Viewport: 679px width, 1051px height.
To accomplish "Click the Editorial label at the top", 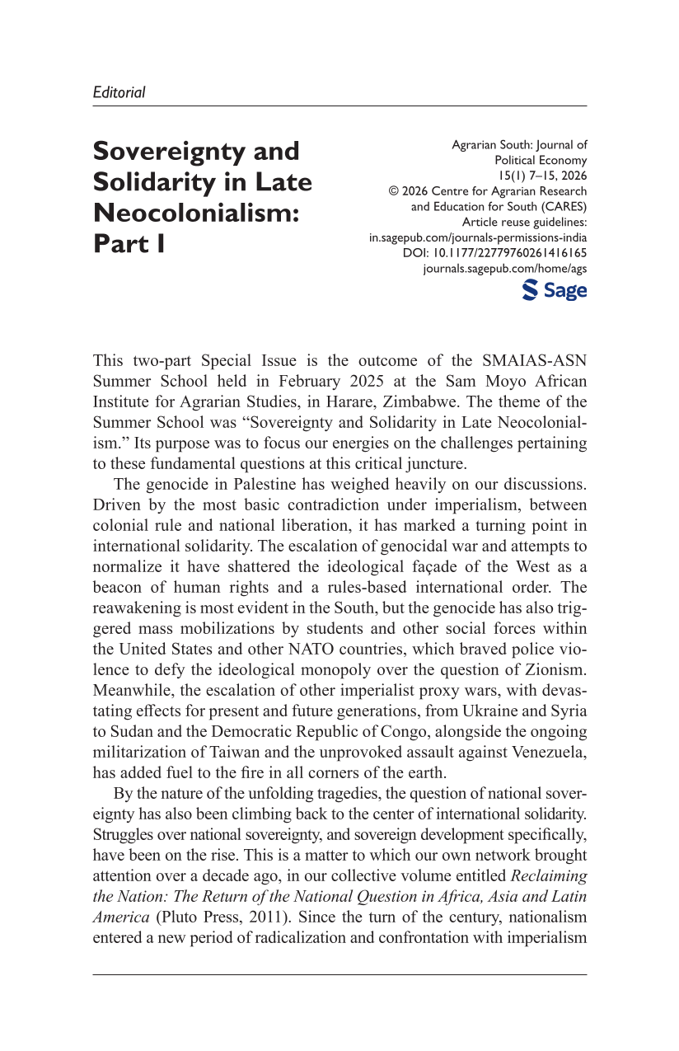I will (119, 92).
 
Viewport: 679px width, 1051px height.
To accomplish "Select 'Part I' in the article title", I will (129, 244).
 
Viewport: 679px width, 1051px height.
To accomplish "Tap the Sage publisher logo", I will (555, 290).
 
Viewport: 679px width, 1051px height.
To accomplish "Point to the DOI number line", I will (494, 253).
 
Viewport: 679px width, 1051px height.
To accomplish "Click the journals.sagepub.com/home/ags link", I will (504, 269).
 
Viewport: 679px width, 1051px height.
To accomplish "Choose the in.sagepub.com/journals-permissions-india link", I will (478, 237).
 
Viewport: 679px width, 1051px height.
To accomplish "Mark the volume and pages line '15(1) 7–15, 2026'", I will (541, 176).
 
